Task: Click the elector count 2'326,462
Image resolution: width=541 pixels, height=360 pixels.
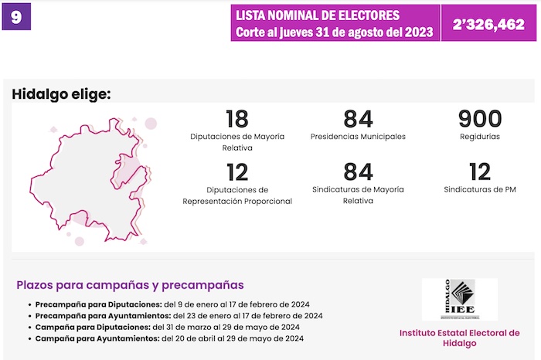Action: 488,24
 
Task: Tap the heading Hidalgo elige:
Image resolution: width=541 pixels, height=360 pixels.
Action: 62,94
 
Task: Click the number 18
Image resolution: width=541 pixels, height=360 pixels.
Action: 236,119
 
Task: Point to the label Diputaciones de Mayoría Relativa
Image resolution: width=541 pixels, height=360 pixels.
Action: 236,141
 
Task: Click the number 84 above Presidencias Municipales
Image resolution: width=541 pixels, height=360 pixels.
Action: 358,119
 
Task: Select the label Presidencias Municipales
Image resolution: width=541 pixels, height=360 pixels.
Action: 358,137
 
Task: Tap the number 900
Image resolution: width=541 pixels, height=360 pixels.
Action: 479,119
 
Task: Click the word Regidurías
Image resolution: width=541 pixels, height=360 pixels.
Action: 479,137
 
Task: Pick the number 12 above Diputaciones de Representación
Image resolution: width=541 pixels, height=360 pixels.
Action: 236,172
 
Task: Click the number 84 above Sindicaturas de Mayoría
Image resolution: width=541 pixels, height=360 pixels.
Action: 358,172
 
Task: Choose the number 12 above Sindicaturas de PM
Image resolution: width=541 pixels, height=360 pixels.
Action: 479,172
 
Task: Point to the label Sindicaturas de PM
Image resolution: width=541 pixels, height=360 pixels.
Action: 479,189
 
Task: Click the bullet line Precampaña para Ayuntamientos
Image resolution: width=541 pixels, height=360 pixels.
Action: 175,315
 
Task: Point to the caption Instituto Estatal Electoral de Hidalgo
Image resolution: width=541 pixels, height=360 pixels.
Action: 459,338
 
